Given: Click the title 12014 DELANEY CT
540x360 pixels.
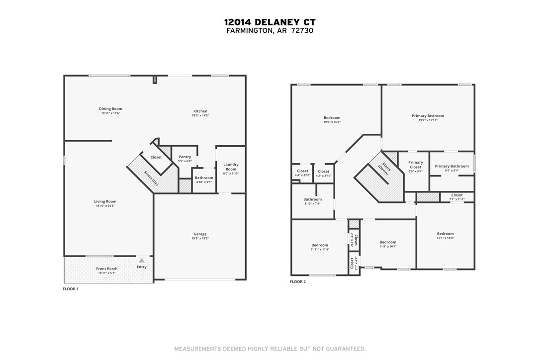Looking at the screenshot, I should click(270, 22).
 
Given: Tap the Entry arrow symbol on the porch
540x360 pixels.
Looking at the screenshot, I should click(142, 261).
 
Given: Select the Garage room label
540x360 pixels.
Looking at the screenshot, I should click(200, 234).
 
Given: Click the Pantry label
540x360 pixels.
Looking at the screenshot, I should click(184, 157).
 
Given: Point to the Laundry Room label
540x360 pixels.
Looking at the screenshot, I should click(231, 167).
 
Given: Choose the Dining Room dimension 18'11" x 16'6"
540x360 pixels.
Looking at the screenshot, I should click(110, 113).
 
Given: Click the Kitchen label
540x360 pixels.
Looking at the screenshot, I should click(200, 111).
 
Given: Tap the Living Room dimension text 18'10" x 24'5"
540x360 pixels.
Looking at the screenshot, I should click(105, 206).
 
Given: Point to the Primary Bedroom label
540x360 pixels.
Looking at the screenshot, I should click(428, 116).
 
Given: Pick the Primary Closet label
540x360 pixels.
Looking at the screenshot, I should click(416, 165).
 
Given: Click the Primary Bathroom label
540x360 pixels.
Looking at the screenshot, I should click(451, 166).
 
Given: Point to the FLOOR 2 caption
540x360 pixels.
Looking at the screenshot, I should click(298, 282).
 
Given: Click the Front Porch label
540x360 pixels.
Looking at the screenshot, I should click(107, 269).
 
